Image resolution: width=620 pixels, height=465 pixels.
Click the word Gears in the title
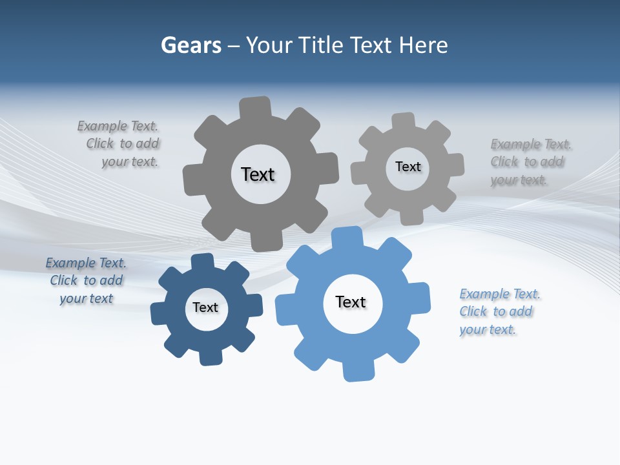[191, 46]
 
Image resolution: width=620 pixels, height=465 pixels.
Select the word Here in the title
[423, 46]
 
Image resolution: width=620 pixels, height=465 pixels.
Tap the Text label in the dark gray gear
[258, 174]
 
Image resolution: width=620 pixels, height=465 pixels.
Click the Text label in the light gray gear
[408, 167]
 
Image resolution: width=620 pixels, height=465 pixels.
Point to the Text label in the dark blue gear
[205, 307]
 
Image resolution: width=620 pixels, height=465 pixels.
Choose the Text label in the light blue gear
[351, 302]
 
